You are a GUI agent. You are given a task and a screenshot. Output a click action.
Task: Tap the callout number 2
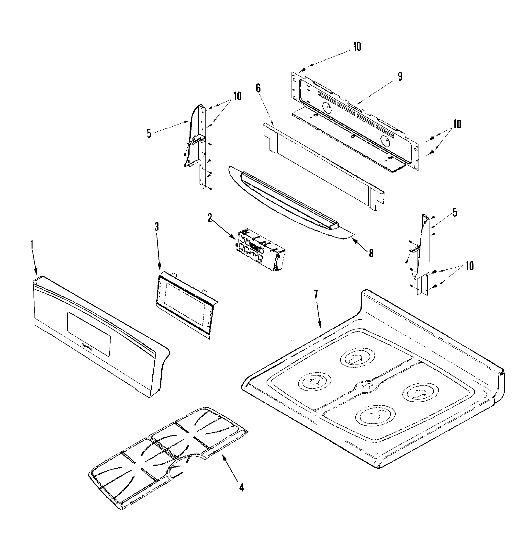pos(210,218)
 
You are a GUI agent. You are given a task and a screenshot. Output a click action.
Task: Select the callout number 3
pos(157,227)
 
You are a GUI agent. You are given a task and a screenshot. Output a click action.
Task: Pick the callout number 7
pos(316,294)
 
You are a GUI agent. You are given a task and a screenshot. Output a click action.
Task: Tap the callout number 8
pos(371,253)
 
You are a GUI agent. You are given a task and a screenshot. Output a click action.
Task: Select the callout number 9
pos(400,76)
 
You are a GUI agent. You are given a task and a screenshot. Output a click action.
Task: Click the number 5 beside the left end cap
pos(149,134)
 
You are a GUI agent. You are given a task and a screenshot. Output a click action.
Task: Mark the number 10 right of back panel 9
pos(457,124)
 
